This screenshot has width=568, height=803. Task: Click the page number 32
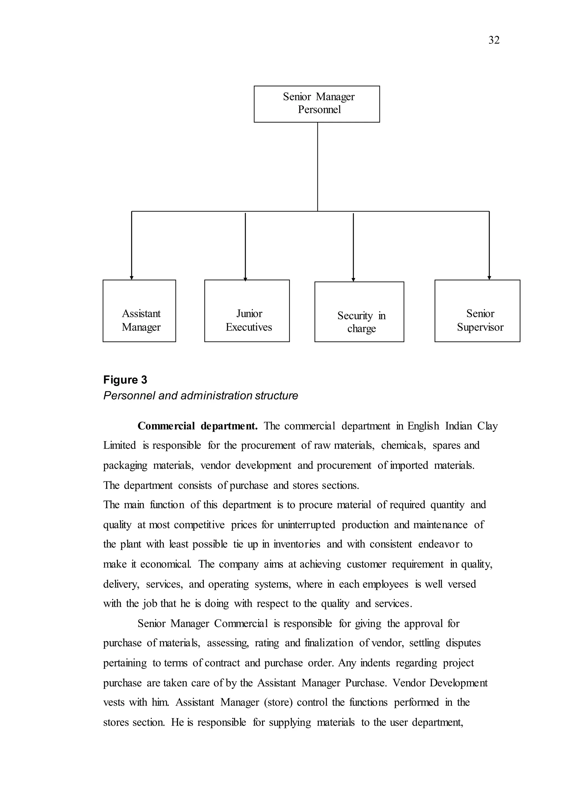[494, 40]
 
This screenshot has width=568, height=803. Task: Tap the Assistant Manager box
[139, 311]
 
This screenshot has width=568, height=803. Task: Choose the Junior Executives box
[247, 311]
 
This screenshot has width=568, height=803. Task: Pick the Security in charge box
[359, 312]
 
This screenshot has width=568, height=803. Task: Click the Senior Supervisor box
[477, 311]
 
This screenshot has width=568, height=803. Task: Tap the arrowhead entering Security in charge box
[353, 279]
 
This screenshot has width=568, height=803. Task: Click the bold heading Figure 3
[125, 380]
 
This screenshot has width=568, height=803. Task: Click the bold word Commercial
[166, 426]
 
